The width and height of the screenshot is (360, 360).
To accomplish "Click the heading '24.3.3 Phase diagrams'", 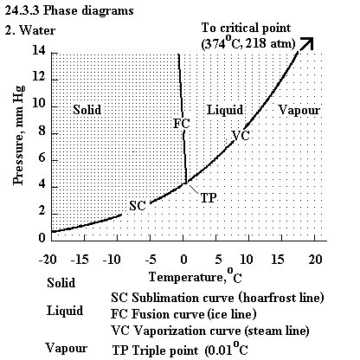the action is [69, 11].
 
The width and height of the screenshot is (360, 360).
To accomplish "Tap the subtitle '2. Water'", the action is [30, 30].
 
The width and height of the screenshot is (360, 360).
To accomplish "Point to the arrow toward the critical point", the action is [306, 44].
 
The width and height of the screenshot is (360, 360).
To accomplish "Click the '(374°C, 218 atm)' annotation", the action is [248, 43].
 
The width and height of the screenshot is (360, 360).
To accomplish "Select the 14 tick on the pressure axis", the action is [39, 51].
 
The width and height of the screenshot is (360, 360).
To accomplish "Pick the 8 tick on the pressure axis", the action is [42, 132].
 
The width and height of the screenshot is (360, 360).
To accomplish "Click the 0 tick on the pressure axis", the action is [42, 238].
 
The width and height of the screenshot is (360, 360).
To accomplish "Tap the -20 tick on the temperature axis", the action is [48, 260].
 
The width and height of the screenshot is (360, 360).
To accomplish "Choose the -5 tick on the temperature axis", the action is [151, 260].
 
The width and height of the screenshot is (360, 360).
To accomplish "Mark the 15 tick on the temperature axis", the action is [278, 260].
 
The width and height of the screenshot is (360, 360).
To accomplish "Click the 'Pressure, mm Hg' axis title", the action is [18, 135].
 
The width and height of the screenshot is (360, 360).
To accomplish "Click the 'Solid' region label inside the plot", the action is [87, 110].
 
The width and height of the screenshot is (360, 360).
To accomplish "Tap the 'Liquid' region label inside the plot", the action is [225, 110].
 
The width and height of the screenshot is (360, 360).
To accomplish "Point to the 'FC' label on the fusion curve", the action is [182, 124].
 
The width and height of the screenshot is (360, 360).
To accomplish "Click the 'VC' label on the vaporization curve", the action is [241, 135].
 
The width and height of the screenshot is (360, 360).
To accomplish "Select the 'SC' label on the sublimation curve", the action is [138, 205].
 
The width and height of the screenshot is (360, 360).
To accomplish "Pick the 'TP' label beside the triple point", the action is [209, 198].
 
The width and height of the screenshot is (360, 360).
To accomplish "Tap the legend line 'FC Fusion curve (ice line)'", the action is [183, 314].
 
